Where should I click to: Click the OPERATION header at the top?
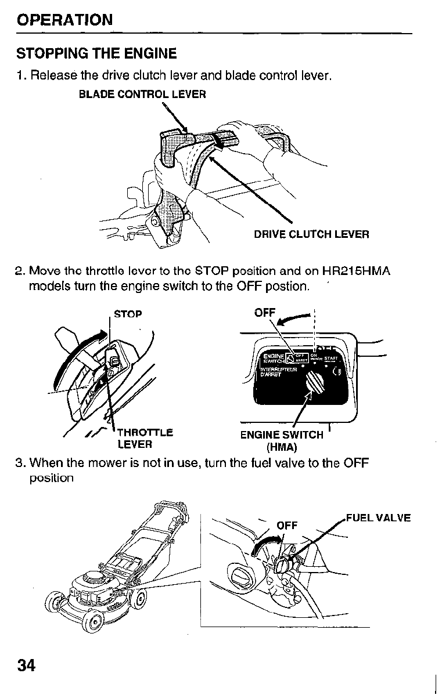point(64,20)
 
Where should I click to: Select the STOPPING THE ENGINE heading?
point(96,54)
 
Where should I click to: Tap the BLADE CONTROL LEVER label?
point(142,94)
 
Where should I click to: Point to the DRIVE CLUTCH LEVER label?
point(311,234)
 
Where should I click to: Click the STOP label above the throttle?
point(128,314)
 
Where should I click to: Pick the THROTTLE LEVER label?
point(144,439)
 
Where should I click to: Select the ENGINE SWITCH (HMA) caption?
point(282,441)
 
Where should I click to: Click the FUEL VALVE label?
point(378,518)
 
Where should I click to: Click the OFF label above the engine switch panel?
point(265,313)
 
